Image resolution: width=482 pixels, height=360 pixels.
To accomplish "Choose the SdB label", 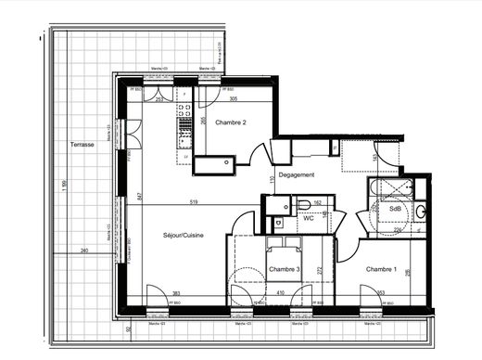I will pyautogui.click(x=396, y=209).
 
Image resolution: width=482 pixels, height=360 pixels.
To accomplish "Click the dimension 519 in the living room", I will pyautogui.click(x=191, y=202).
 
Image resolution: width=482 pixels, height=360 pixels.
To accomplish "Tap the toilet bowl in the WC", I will pyautogui.click(x=302, y=205).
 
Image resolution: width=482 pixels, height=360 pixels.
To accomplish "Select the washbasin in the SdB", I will pyautogui.click(x=421, y=212).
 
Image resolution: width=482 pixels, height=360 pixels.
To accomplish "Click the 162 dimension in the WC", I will pyautogui.click(x=316, y=203).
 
